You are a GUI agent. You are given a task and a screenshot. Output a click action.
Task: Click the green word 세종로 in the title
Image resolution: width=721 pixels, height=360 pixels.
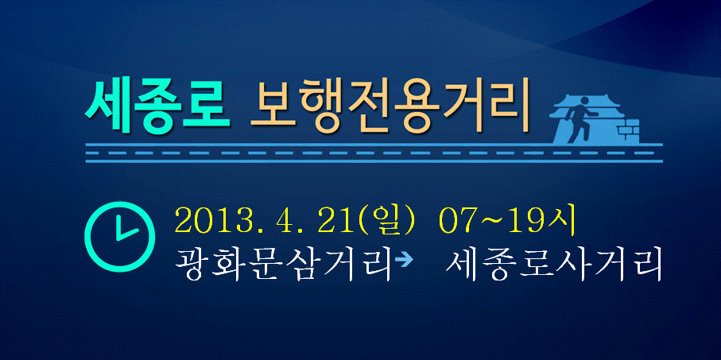click(x=157, y=106)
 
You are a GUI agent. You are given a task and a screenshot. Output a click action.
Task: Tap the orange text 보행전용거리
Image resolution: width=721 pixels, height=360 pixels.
click(x=389, y=107)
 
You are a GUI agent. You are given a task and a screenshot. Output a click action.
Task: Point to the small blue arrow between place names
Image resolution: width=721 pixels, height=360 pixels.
click(x=404, y=261)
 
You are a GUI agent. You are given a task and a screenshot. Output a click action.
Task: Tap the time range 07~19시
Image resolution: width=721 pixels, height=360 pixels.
click(x=507, y=221)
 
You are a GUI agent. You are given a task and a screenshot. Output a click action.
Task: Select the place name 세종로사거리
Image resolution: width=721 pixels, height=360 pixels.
click(x=554, y=265)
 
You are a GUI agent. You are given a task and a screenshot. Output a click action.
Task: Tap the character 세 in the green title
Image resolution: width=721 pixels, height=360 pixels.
click(x=108, y=106)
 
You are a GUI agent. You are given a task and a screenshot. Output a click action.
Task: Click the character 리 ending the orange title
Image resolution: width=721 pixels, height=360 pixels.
click(x=506, y=106)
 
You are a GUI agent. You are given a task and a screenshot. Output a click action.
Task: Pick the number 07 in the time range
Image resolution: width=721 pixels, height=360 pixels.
click(x=455, y=221)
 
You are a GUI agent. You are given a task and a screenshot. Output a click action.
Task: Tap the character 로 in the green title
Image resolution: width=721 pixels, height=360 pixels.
click(x=207, y=106)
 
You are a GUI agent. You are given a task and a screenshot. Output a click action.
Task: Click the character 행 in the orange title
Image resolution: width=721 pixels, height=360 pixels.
click(x=323, y=106)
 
